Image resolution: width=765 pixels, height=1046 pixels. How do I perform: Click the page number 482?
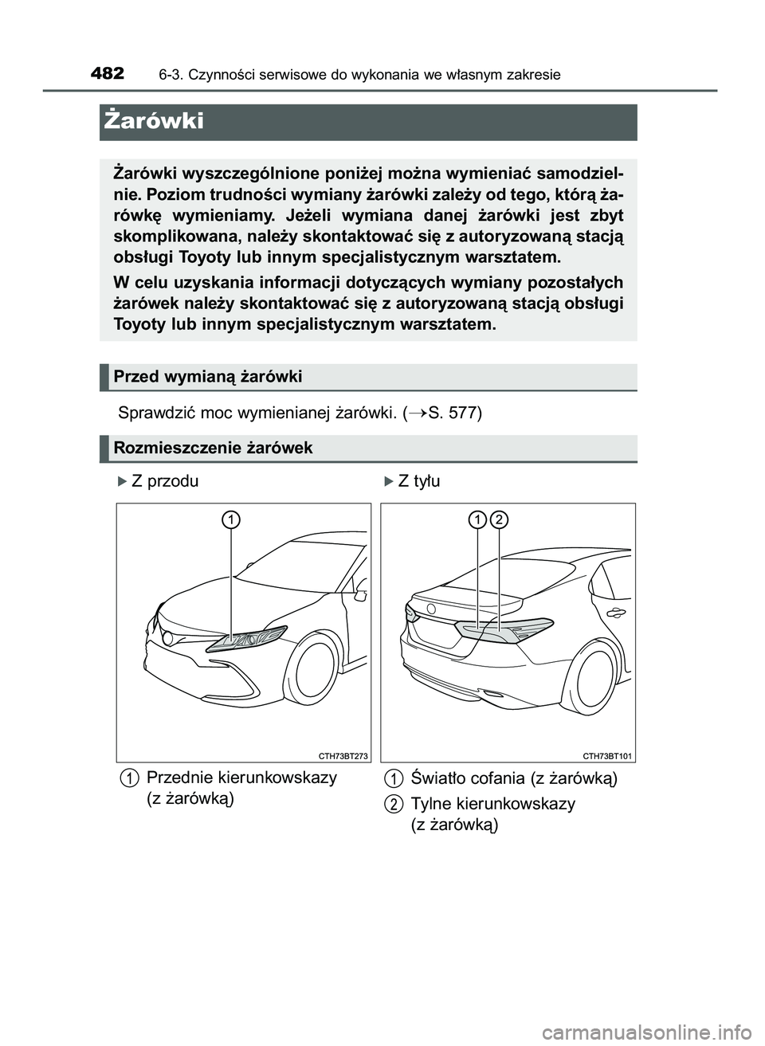pos(107,73)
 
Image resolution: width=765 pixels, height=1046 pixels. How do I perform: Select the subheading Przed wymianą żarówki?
pos(207,376)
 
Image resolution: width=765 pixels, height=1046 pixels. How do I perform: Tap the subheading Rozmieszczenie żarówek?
pos(213,448)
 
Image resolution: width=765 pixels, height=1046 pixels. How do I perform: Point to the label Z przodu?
pos(164,481)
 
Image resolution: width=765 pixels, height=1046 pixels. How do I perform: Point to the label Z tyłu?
pos(418,481)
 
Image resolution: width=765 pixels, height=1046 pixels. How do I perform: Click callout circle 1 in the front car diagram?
pos(231,520)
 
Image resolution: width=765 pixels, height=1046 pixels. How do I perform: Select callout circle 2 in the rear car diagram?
pos(499,520)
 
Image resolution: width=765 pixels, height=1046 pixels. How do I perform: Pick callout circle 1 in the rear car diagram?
pos(477,520)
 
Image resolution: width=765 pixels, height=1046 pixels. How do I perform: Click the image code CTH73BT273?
pos(343,755)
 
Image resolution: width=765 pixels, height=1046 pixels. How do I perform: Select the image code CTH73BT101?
pos(607,755)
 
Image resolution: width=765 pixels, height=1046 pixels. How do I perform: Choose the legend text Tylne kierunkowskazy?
pos(492,803)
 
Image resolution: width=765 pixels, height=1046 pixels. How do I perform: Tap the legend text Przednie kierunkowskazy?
pos(241,778)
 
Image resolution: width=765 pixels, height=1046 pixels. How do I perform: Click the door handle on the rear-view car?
pos(615,613)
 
